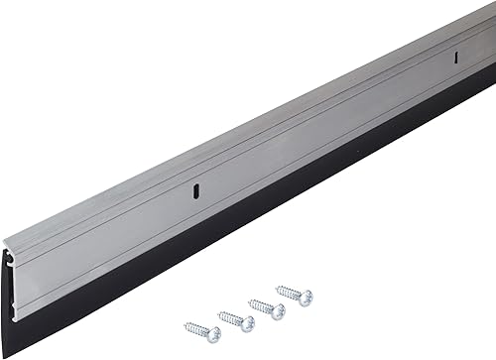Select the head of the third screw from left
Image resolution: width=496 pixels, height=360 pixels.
tap(280, 310)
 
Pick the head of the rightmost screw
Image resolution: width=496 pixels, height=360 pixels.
tap(308, 296)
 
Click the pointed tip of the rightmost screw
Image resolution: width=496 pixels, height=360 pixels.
tap(277, 289)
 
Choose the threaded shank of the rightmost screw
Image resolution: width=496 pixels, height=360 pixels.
tap(291, 292)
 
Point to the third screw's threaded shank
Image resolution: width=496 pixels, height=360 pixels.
tap(262, 306)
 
